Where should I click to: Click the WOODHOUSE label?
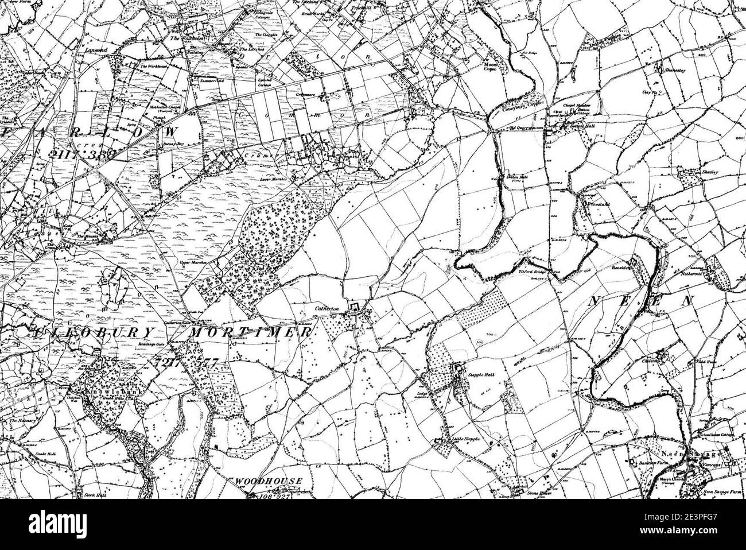click(268, 480)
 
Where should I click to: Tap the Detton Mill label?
click(517, 177)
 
